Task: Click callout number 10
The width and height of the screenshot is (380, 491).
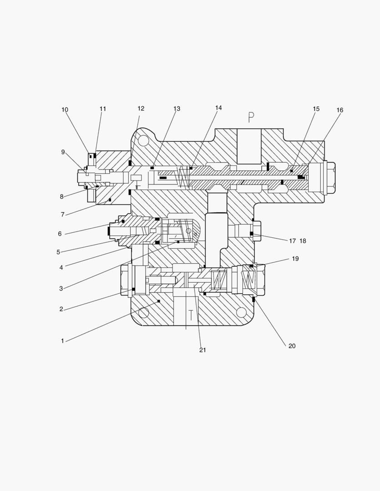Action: [65, 110]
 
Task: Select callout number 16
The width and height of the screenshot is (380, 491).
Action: [340, 110]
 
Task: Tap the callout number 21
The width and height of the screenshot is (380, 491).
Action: [203, 350]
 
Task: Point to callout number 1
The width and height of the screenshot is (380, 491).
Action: [62, 341]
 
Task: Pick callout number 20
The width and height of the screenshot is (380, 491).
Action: [292, 346]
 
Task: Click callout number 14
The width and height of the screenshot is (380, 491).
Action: [218, 108]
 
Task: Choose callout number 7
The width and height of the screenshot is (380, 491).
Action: [62, 215]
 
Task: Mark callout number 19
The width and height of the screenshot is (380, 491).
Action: [295, 259]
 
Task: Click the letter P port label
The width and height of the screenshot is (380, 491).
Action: [251, 117]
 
